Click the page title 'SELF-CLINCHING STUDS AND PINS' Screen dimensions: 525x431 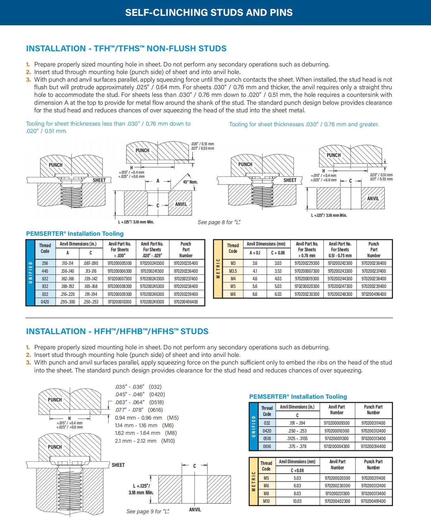click(x=209, y=12)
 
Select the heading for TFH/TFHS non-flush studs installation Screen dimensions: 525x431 click(x=126, y=48)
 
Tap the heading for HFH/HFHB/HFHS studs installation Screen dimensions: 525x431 click(x=117, y=331)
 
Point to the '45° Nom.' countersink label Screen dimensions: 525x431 click(x=190, y=182)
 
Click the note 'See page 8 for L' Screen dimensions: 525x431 click(x=219, y=222)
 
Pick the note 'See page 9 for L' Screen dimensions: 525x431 click(x=148, y=511)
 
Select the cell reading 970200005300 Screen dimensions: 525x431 click(x=119, y=263)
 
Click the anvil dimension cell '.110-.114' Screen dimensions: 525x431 click(x=67, y=263)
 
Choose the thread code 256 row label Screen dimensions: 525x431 click(x=45, y=263)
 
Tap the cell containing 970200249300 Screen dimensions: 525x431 click(x=152, y=302)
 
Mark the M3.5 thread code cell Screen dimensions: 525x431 click(x=233, y=271)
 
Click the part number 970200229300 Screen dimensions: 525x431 click(x=307, y=263)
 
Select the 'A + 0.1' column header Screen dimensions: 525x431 click(x=255, y=253)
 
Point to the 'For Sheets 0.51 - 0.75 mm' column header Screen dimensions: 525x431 click(x=340, y=250)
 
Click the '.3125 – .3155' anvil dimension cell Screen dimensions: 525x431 click(x=297, y=439)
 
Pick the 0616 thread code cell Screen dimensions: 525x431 click(x=267, y=446)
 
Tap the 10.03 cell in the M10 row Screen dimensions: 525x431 click(x=297, y=501)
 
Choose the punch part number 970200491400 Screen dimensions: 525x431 click(x=373, y=501)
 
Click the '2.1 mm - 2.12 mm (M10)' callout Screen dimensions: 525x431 click(x=145, y=441)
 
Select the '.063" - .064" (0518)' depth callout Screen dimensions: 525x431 click(x=139, y=402)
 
